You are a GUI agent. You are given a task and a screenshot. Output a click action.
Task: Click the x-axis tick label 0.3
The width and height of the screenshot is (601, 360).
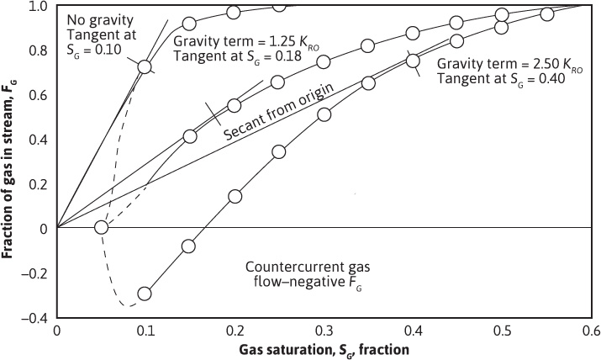coord(324,331)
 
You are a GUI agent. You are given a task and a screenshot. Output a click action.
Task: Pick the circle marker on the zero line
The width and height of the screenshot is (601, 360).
coord(102,227)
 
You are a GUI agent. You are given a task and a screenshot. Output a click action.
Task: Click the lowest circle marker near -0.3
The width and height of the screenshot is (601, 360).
coord(145,294)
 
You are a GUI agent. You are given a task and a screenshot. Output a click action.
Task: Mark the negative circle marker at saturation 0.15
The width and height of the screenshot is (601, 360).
coord(189,246)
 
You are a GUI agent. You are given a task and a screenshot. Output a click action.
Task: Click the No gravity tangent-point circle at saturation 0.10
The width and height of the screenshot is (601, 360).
coord(145,66)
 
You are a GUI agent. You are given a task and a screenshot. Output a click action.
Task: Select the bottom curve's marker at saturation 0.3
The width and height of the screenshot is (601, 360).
coord(324,114)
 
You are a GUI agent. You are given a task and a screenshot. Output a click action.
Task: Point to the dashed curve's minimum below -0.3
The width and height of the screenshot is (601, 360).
coord(126,305)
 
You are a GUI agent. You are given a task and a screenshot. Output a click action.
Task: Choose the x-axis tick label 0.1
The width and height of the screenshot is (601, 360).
coord(145,331)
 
